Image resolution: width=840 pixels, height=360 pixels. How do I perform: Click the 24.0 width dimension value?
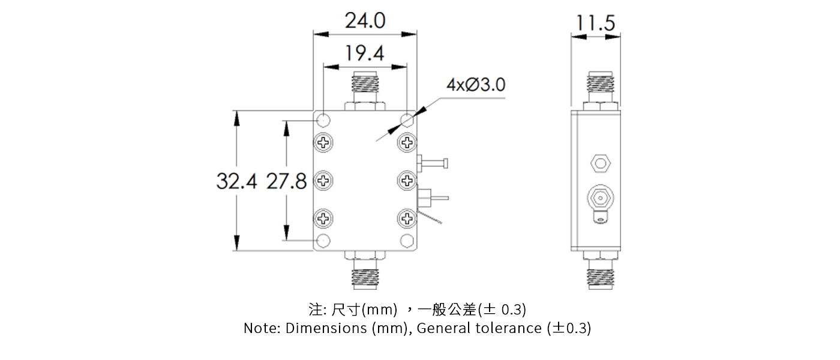click(x=365, y=21)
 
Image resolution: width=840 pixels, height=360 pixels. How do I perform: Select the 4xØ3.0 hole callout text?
click(x=475, y=85)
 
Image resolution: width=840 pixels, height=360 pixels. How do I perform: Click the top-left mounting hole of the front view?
click(x=323, y=118)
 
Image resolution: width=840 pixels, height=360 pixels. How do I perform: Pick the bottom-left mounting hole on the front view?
click(x=323, y=241)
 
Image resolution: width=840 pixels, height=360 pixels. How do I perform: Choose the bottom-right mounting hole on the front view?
click(x=407, y=241)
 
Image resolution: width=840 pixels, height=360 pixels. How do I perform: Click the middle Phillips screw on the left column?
click(x=324, y=180)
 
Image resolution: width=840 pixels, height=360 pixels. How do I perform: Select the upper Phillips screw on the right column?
click(x=407, y=143)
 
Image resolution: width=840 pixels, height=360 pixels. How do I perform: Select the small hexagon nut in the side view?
click(x=599, y=162)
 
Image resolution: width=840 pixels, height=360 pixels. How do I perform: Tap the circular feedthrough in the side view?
click(x=599, y=197)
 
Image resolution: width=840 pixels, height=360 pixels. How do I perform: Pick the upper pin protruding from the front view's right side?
click(x=434, y=162)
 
